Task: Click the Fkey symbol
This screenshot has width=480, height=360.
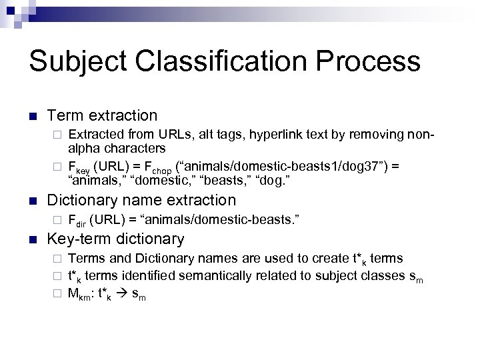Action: coord(81,166)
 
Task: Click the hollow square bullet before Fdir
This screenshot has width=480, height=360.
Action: coord(57,219)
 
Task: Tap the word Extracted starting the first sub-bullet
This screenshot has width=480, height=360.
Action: coord(97,135)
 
